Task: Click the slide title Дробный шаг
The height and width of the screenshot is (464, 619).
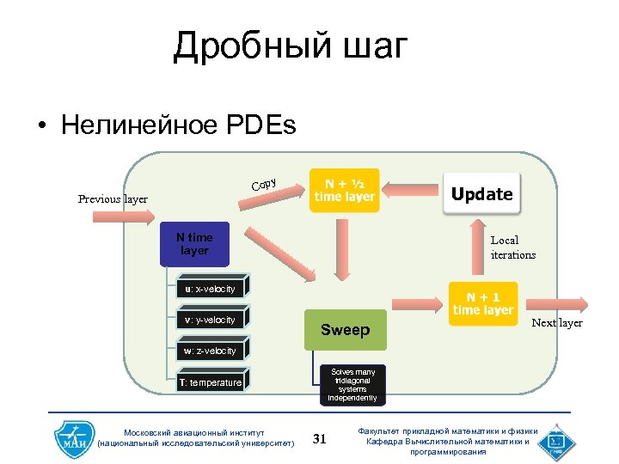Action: [289, 46]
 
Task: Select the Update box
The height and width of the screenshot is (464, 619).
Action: [481, 194]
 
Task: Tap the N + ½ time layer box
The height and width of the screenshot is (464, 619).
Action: [344, 190]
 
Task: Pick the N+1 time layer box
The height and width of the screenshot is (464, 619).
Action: [482, 303]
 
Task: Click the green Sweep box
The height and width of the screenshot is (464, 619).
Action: [345, 330]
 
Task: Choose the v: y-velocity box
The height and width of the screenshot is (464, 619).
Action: [211, 321]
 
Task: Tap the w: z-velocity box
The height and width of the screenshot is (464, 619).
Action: [211, 351]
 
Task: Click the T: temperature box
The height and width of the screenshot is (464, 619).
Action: [211, 382]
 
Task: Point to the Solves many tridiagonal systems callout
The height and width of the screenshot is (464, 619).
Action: [352, 385]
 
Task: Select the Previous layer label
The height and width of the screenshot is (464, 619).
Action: [113, 199]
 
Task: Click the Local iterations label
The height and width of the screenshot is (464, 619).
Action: [512, 248]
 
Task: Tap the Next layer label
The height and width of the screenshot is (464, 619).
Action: [556, 323]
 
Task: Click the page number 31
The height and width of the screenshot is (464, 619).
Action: [320, 439]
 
